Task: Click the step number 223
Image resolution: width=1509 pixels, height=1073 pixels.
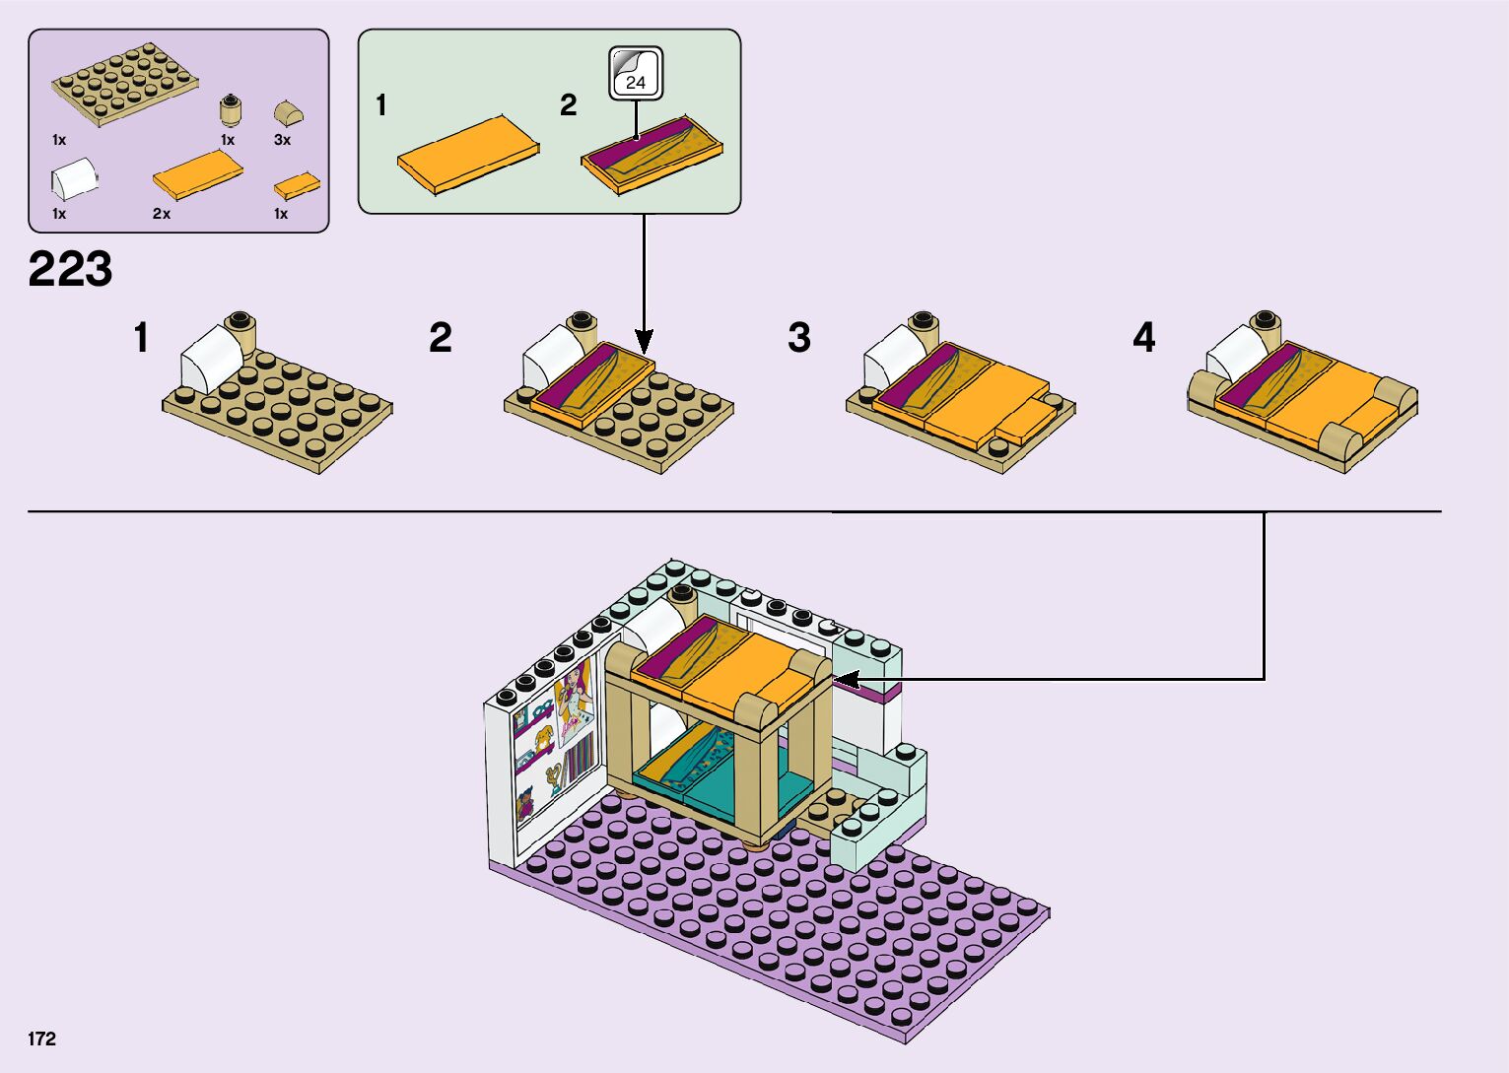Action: [x=71, y=270]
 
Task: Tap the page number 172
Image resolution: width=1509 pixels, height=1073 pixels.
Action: [x=42, y=1039]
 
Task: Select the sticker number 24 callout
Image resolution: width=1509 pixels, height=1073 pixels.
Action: [x=636, y=73]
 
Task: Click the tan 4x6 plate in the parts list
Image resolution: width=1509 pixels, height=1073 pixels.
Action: [x=126, y=84]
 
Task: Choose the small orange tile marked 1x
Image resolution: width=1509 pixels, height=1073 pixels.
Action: [x=297, y=185]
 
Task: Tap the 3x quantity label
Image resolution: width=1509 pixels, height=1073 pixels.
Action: [x=282, y=140]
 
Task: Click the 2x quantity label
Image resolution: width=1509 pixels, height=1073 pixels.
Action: [x=162, y=214]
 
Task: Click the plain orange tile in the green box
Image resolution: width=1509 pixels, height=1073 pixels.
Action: [x=467, y=153]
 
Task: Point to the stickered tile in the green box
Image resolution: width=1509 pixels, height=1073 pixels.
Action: [x=651, y=154]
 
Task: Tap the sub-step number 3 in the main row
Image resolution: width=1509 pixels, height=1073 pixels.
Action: [x=799, y=338]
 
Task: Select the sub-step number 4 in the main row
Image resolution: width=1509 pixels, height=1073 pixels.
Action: [x=1143, y=338]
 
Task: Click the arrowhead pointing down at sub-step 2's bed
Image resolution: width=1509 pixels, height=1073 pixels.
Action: [x=644, y=344]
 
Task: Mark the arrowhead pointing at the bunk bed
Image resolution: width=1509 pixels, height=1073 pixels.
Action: [x=844, y=679]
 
